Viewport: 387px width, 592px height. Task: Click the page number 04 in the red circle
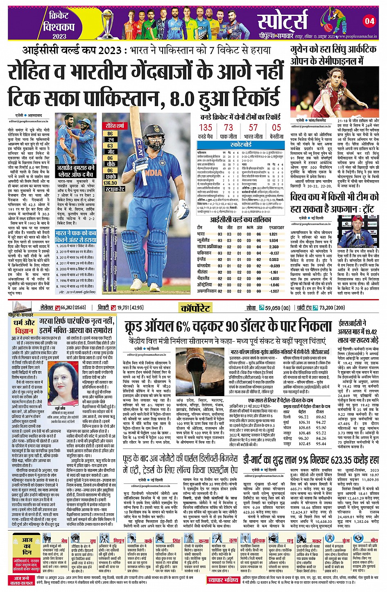pos(369,21)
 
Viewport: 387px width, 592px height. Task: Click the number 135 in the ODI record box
pos(206,128)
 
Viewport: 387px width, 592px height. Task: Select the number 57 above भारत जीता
pos(253,128)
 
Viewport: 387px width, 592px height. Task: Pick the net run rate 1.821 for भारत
pos(274,234)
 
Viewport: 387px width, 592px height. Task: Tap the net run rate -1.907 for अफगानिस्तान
pos(274,291)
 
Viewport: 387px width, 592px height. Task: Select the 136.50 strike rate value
pos(110,183)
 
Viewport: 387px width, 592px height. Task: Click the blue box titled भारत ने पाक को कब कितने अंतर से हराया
pos(76,236)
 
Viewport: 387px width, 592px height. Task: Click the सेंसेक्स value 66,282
pos(67,308)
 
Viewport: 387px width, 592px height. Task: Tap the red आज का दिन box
pos(27,546)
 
